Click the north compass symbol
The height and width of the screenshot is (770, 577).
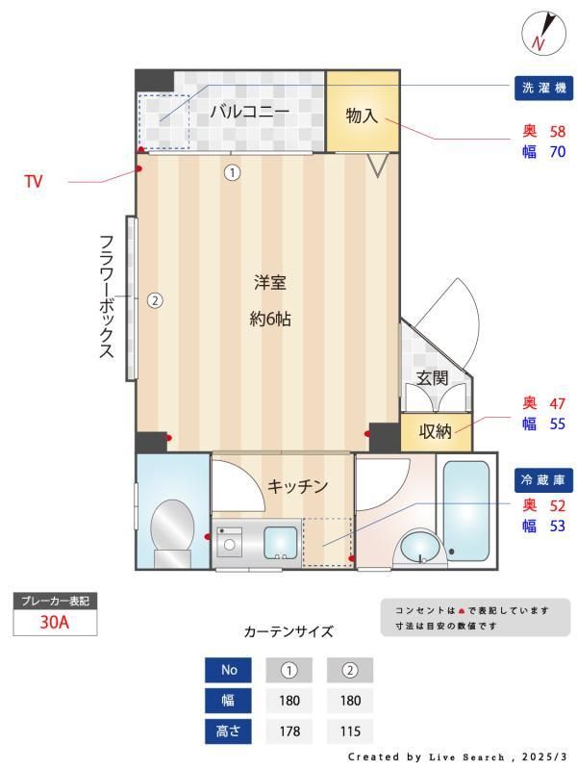click(x=538, y=35)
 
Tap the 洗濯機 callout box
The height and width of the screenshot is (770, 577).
click(x=544, y=88)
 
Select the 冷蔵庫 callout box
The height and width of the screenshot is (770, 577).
click(x=544, y=479)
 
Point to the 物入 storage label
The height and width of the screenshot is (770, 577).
click(x=361, y=115)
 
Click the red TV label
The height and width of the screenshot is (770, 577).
click(x=34, y=181)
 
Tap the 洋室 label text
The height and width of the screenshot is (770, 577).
click(x=270, y=283)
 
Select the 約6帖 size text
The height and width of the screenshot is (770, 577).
click(x=270, y=320)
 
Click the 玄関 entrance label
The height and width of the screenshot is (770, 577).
click(x=432, y=378)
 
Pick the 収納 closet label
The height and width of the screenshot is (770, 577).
click(x=435, y=430)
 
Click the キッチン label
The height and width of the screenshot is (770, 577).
click(x=298, y=486)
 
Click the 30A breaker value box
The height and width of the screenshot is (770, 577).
click(x=55, y=622)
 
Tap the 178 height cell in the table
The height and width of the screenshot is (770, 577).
click(x=289, y=731)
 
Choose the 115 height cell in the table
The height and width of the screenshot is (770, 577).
click(x=350, y=731)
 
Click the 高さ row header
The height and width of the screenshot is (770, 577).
click(x=229, y=731)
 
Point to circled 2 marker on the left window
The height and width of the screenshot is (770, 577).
click(x=155, y=299)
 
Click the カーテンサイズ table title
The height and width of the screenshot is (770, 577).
click(x=288, y=632)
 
